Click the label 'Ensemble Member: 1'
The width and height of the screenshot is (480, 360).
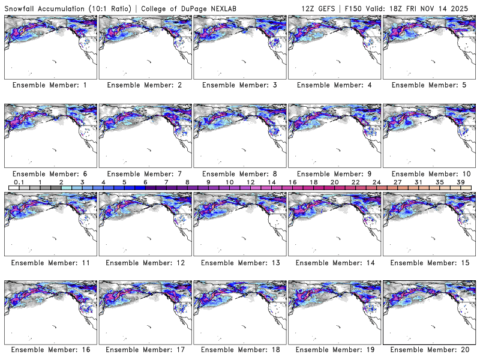50,85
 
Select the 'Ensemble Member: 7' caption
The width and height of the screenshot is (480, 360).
145,174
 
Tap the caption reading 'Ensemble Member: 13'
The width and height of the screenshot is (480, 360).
239,263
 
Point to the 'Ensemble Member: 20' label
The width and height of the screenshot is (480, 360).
429,349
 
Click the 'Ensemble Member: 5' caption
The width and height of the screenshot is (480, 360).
429,85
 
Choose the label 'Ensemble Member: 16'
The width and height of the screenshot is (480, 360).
50,349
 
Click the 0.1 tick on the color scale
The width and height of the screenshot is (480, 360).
19,182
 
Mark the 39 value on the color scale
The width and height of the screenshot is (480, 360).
461,182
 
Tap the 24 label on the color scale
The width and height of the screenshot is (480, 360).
376,182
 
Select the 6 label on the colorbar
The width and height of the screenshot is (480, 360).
145,182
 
